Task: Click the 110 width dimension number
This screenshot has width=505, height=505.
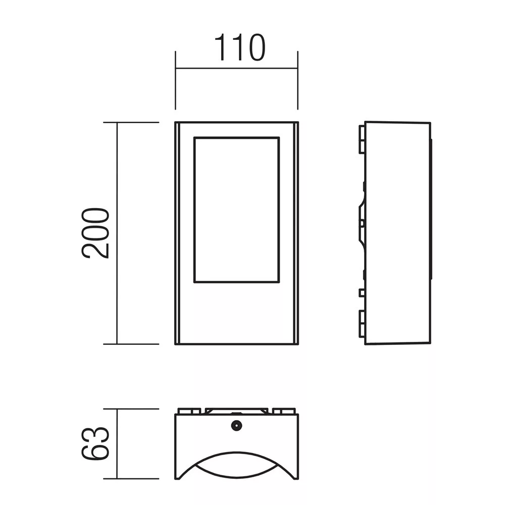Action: (x=239, y=47)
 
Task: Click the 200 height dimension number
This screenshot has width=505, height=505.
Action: (x=95, y=233)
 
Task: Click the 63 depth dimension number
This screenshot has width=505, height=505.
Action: (x=95, y=443)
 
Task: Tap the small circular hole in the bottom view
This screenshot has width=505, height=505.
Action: (x=237, y=426)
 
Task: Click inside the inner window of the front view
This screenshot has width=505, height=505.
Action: (x=237, y=210)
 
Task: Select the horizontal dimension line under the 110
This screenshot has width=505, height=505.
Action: (x=237, y=68)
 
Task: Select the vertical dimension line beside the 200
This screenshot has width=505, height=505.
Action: (x=117, y=233)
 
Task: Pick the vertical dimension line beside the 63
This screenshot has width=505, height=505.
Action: (x=117, y=444)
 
